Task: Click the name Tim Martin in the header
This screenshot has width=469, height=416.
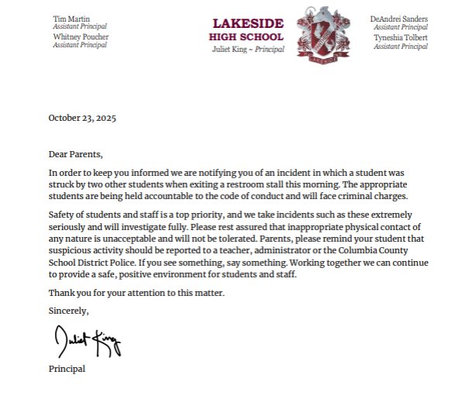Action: [x=71, y=18]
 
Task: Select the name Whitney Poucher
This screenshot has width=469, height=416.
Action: [x=81, y=36]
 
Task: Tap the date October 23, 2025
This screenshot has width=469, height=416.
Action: [x=82, y=119]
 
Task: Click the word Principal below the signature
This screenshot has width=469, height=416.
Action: [x=67, y=369]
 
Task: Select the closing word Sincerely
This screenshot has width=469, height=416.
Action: [x=69, y=311]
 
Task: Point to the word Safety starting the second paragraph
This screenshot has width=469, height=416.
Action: [x=61, y=214]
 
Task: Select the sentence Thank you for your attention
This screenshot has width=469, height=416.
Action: [x=135, y=293]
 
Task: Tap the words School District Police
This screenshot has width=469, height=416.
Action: [x=92, y=263]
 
